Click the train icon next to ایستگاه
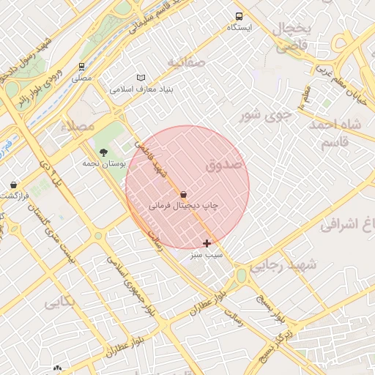239,16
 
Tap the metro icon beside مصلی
81,66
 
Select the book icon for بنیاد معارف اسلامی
141,78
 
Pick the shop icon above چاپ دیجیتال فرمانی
182,195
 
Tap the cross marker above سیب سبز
207,243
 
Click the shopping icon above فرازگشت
13,185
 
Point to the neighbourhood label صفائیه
185,62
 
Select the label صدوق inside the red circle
223,166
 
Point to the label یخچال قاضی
293,37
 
